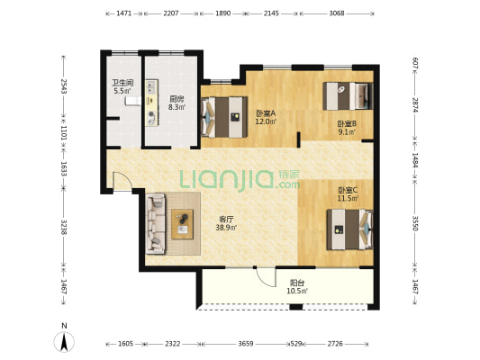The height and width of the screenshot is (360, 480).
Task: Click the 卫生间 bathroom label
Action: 122,83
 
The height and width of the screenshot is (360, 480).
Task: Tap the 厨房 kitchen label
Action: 177,99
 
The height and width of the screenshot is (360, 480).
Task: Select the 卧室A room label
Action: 266,113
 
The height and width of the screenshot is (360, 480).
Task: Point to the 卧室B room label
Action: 347,124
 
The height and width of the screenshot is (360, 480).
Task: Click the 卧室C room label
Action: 348,190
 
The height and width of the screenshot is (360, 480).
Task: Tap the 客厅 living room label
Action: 227,219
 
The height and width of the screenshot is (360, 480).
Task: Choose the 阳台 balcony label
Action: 297,283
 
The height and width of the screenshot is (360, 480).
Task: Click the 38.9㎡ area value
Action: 227,228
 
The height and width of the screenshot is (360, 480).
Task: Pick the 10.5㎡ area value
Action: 297,291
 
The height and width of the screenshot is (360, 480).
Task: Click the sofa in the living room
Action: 156,224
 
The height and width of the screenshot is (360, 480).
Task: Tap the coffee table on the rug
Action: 183,224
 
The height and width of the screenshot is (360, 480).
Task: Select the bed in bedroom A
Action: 224,117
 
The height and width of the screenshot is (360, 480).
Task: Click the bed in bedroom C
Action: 350,229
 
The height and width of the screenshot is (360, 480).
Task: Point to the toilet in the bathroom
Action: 133,101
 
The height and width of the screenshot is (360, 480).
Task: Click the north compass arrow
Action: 64,342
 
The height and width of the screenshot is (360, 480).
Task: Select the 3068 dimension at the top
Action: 337,13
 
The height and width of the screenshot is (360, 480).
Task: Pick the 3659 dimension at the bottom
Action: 246,344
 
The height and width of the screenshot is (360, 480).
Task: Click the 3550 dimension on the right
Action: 415,223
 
